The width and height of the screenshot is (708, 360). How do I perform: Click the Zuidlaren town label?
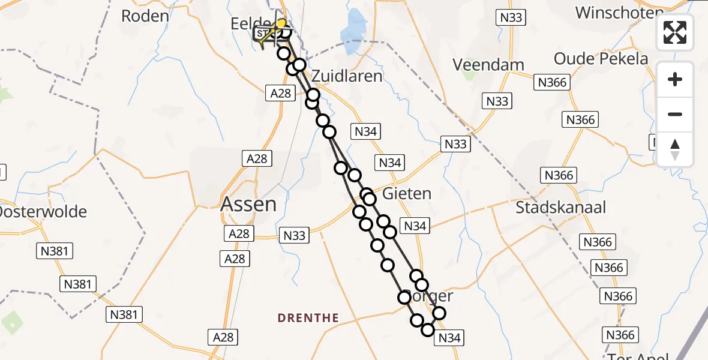coord(347,76)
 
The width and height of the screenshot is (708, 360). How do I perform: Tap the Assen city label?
coord(248,205)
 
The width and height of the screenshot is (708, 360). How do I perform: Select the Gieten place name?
coord(407,194)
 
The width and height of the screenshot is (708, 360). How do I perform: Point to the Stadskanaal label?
coord(561,208)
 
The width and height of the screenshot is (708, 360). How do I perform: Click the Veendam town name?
coord(488,64)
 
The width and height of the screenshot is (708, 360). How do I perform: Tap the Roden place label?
coord(145,16)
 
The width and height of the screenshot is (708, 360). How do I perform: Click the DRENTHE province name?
coord(308,318)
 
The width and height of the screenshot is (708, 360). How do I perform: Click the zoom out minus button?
coord(675,115)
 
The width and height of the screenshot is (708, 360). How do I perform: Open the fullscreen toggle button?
coord(675,32)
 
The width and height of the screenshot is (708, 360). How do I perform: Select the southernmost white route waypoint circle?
coord(428,329)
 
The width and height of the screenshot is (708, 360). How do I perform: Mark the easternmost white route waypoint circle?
coord(439,313)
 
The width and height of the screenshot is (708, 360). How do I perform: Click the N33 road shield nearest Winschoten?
coord(511,17)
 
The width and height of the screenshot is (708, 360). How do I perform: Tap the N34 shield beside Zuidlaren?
coord(365,132)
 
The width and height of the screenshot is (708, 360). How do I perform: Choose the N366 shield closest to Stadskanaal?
coord(559,175)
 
